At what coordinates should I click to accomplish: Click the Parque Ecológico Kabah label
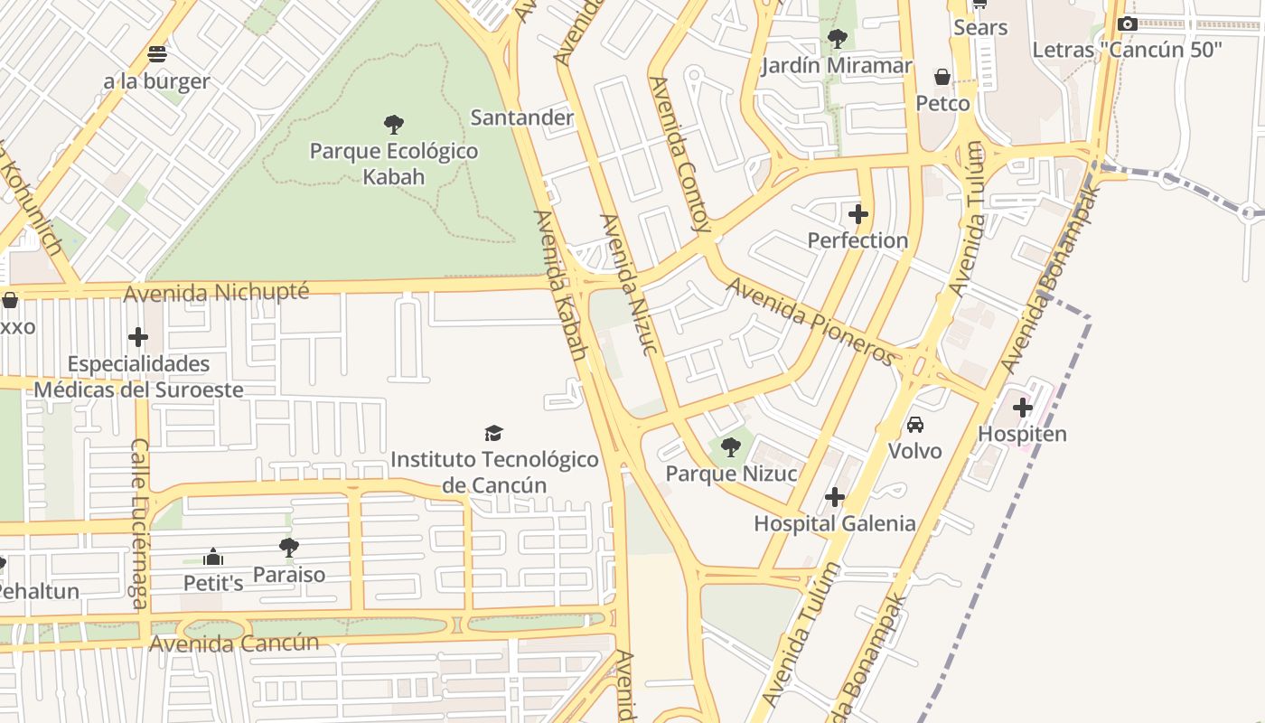pos(394,163)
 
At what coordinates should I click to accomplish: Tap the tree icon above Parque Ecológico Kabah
pos(394,124)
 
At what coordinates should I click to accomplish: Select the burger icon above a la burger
pos(157,53)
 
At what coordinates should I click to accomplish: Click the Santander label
pos(522,117)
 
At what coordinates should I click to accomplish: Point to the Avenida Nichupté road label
pos(216,293)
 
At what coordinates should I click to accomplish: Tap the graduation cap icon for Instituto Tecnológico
pos(493,434)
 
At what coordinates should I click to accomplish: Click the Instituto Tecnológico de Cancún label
pos(494,472)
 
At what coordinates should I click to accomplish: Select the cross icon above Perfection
pos(857,214)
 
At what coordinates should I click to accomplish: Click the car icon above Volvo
pos(914,425)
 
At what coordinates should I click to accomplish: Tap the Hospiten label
pos(1022,434)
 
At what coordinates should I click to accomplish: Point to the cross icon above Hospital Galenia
pos(835,497)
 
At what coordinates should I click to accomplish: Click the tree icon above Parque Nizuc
pos(731,446)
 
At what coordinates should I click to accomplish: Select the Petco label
pos(942,103)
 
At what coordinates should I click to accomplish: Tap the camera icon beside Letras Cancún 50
pos(1127,24)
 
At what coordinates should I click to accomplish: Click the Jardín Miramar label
pos(837,66)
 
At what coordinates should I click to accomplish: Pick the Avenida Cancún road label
pos(234,643)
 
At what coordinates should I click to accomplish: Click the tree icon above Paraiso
pos(289,547)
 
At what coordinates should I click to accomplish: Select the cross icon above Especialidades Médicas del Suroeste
pos(138,337)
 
